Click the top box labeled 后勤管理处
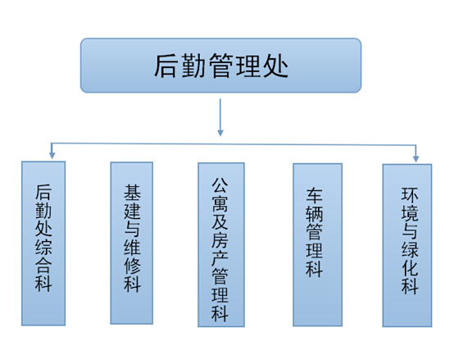click(220, 65)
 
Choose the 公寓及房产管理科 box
click(220, 244)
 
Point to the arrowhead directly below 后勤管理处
click(220, 130)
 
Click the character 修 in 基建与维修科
click(132, 267)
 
